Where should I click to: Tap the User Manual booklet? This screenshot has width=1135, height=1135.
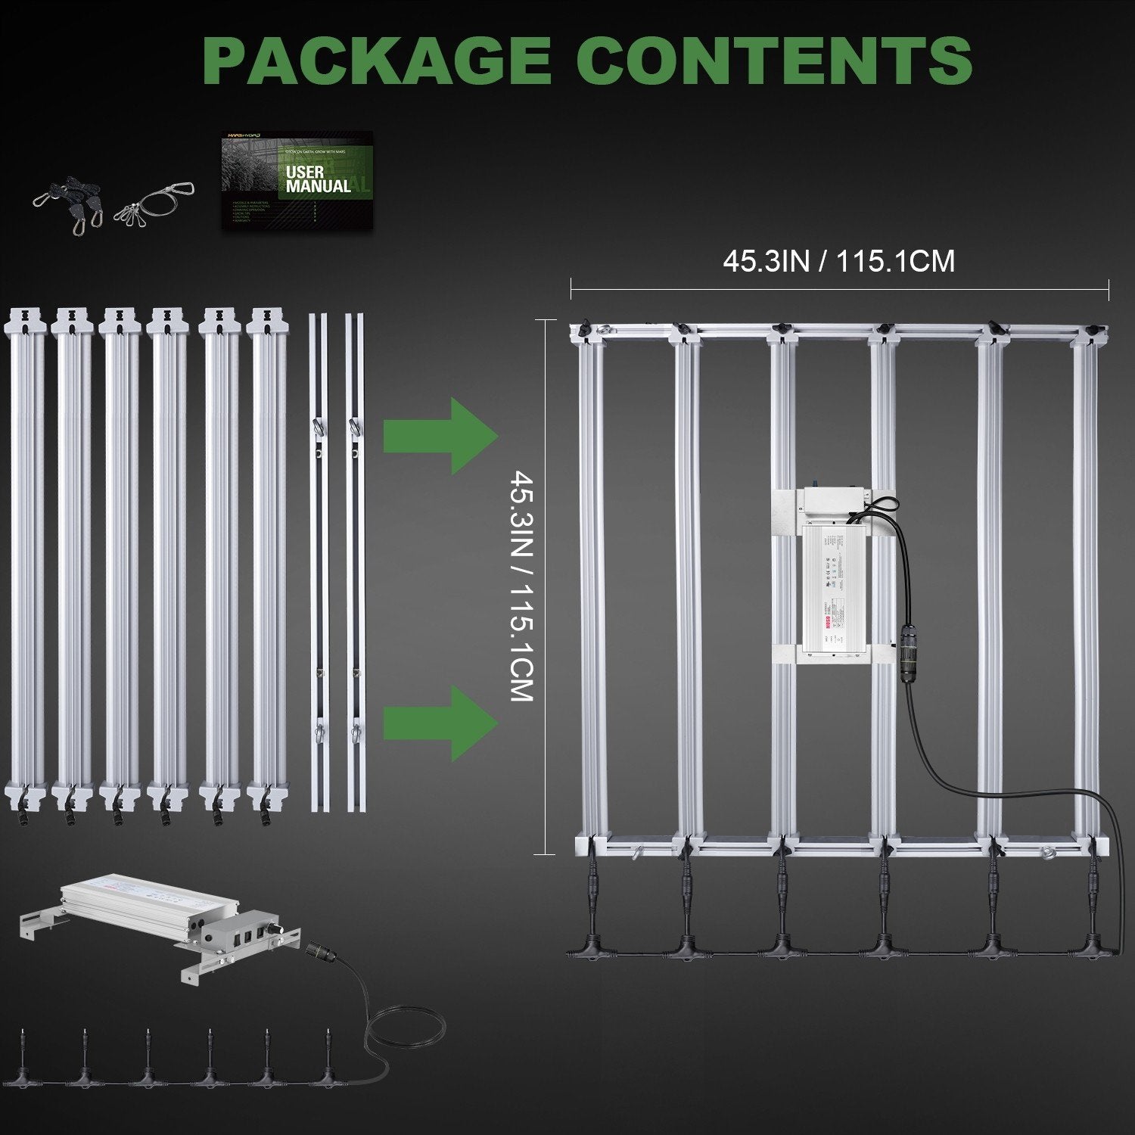click(x=297, y=179)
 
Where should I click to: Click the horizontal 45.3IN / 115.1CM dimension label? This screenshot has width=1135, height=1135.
click(x=838, y=262)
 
